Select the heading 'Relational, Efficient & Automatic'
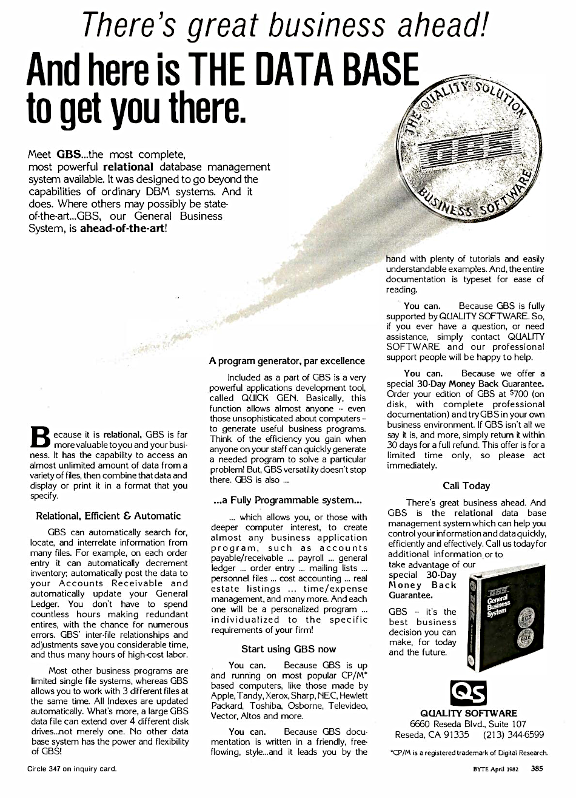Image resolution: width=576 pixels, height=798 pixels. click(109, 516)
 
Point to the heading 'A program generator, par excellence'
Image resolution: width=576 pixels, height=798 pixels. click(286, 360)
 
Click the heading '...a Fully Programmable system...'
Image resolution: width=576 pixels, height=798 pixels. click(287, 501)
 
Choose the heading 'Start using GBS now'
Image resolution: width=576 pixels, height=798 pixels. click(288, 649)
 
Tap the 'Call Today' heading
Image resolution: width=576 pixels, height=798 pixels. click(466, 485)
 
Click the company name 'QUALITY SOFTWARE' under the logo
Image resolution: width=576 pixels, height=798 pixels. click(468, 713)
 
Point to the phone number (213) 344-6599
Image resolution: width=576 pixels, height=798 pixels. click(513, 735)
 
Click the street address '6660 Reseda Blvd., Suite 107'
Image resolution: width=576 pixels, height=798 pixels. click(468, 724)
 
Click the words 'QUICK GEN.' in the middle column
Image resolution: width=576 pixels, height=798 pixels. click(273, 398)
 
